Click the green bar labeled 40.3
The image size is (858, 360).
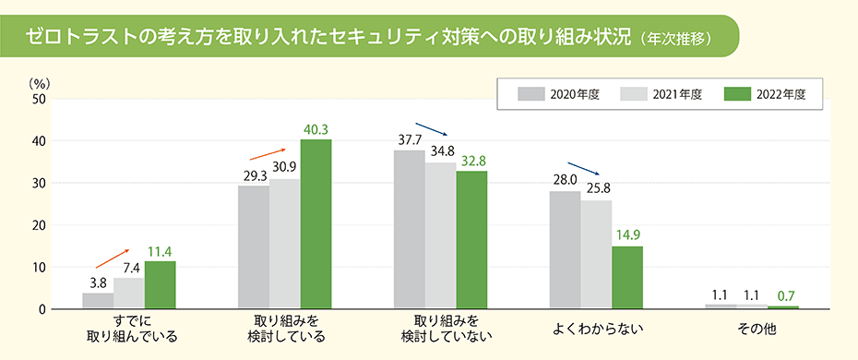[316, 224]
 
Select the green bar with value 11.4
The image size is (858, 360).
[160, 285]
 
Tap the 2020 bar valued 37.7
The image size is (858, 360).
[409, 229]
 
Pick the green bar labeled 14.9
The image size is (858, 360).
[626, 278]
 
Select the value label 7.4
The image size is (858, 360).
[130, 267]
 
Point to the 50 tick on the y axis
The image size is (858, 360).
[38, 99]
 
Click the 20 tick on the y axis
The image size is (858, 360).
[38, 225]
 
